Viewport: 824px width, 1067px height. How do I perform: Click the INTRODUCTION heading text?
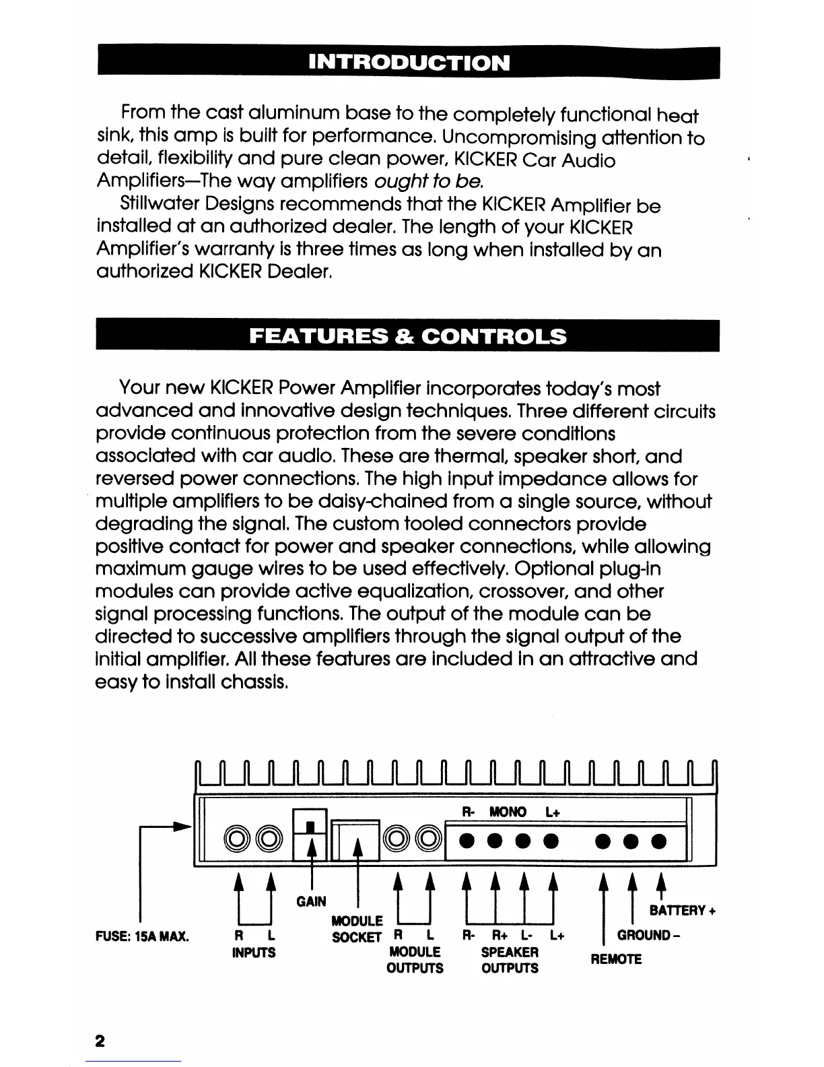point(409,63)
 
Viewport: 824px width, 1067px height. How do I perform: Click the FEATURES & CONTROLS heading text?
point(408,335)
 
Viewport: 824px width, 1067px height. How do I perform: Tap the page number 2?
point(100,1041)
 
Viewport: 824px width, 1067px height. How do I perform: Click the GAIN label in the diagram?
point(311,901)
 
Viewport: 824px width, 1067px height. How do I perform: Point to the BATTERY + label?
point(682,911)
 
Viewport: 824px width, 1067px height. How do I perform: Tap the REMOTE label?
point(617,959)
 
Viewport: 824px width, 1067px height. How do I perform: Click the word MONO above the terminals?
point(508,812)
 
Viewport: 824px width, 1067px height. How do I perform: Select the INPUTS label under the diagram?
point(254,952)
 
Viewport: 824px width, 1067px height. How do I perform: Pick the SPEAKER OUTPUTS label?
point(510,960)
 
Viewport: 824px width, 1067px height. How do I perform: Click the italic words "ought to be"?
point(428,182)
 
